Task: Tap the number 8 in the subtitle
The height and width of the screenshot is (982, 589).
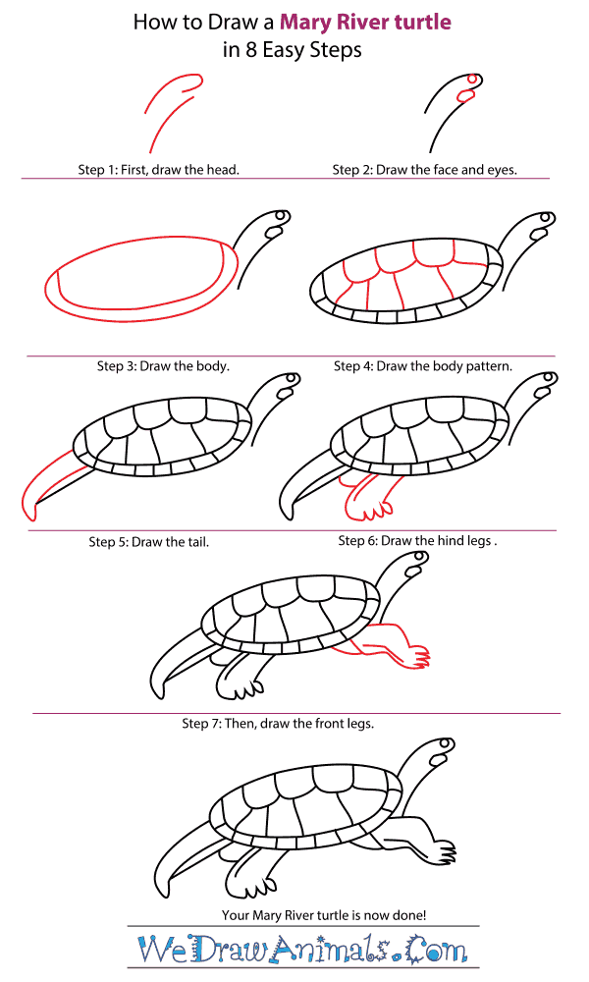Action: coord(251,49)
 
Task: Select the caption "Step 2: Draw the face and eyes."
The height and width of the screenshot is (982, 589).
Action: coord(424,170)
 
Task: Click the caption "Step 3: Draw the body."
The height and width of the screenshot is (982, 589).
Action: coord(163,366)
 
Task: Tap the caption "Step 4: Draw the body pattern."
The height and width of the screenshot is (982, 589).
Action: coord(422,366)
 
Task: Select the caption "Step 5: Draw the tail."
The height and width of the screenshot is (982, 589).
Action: coord(148,542)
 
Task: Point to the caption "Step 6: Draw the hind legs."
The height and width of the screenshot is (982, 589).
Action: coord(417,540)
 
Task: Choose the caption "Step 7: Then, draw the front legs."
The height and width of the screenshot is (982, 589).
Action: coord(278,724)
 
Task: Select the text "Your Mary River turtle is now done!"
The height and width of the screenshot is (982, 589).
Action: coord(324,915)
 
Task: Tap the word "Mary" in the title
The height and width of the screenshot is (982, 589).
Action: coord(305,23)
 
